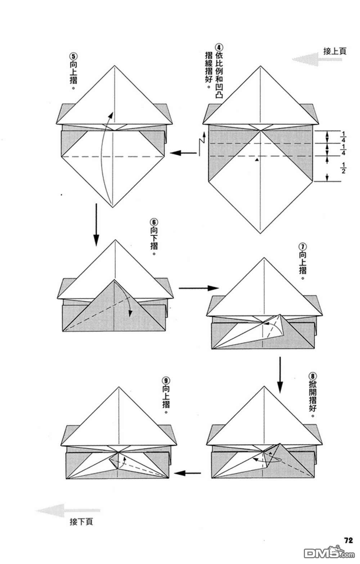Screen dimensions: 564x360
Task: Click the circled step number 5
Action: [73, 57]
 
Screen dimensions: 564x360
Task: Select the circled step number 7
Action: [302, 247]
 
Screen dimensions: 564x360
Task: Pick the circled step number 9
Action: [166, 380]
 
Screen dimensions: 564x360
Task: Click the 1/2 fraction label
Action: [343, 168]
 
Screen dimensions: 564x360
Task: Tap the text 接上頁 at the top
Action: [334, 51]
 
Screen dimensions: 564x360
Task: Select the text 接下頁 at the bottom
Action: [81, 522]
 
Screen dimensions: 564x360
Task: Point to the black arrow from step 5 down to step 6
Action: [96, 225]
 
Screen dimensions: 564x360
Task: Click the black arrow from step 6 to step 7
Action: [199, 288]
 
